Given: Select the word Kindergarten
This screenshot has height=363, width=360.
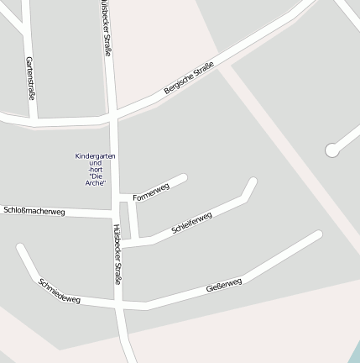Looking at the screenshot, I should [95, 156].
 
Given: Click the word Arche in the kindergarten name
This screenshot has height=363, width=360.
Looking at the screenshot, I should [94, 182].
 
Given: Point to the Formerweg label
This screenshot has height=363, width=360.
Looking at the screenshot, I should [151, 192].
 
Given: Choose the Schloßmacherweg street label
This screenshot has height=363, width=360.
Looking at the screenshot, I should [34, 211].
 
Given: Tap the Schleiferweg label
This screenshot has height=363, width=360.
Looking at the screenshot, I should [191, 223].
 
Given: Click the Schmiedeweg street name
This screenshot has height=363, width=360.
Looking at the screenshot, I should [60, 291].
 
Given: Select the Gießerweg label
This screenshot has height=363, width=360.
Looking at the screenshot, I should [224, 286].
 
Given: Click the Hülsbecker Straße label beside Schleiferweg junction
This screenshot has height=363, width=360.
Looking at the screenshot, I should [117, 254].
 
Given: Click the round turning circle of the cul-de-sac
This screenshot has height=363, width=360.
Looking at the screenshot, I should [331, 150].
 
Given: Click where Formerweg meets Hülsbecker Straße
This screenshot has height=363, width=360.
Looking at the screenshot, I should [118, 198].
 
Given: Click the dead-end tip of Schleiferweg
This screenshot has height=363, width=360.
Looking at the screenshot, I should [252, 182].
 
